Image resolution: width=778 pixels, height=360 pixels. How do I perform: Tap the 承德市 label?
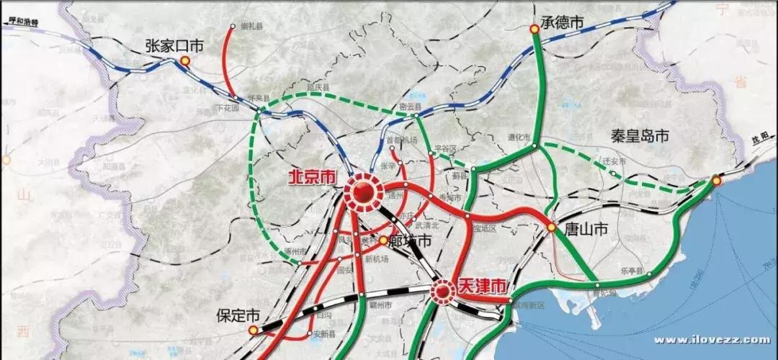(562, 23)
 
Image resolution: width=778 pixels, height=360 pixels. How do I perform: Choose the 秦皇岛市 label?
(640, 135)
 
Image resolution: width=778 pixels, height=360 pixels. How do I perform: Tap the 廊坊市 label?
(410, 241)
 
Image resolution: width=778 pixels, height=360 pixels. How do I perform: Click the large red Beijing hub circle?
(362, 192)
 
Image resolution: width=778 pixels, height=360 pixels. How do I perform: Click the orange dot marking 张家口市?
(185, 61)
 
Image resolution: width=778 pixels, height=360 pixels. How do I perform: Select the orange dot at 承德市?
(535, 30)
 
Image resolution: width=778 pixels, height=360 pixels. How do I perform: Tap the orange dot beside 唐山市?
(551, 228)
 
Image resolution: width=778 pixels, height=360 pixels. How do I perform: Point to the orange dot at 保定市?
(253, 330)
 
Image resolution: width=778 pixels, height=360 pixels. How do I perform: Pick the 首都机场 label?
(401, 140)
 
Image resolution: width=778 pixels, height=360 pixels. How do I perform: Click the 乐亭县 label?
(630, 271)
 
